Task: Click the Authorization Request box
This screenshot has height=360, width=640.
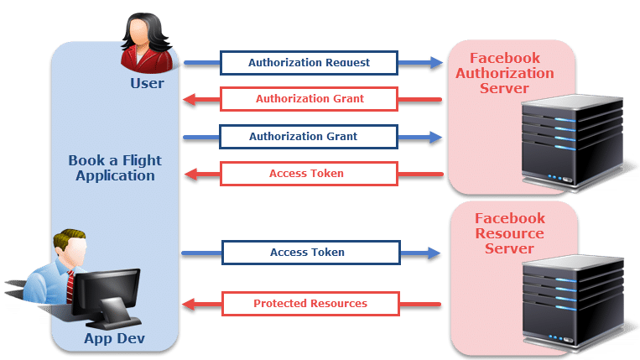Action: coord(309,62)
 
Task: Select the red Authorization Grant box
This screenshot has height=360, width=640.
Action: coord(309,99)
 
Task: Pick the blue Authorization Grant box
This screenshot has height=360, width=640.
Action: coord(309,136)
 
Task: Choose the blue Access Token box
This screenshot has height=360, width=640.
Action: coord(309,252)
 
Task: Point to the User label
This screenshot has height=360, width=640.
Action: coord(147,84)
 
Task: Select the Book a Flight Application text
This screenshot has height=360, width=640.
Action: coord(115,168)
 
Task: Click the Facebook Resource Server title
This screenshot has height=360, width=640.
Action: coord(509,233)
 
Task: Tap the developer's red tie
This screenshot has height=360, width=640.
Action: coord(70,286)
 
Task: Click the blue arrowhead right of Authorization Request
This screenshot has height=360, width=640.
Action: coord(435,62)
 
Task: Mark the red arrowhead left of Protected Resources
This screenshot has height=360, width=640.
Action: coord(191,303)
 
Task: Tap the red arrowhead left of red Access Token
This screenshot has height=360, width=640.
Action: coord(191,175)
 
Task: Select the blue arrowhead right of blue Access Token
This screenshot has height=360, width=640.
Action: coord(435,252)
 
